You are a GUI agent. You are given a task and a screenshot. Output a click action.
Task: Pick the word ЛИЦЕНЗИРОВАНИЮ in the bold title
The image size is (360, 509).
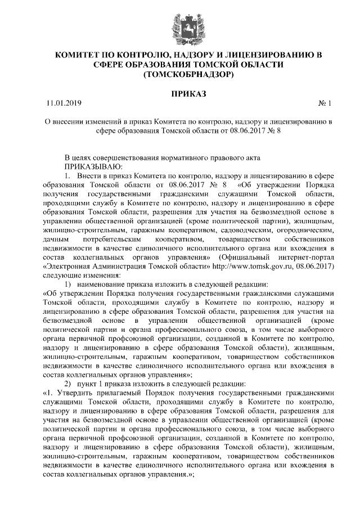click(269, 55)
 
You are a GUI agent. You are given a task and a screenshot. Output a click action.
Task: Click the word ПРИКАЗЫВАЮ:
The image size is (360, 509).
click(92, 166)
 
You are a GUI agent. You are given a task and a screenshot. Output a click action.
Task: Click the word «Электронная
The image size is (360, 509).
click(65, 266)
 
